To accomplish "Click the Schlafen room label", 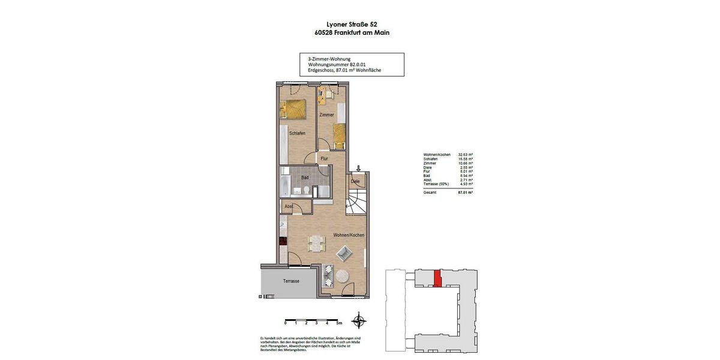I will [297, 133].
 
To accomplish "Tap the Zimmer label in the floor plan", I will [326, 115].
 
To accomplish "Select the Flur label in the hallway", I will [324, 158].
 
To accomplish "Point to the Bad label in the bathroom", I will [305, 178].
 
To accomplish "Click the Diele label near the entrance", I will [355, 181].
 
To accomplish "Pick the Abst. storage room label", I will [289, 206].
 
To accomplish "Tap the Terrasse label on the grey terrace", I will [291, 281].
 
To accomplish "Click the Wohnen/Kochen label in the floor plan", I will [349, 235].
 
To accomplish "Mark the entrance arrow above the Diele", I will [358, 169].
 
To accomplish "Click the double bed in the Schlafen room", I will [294, 110].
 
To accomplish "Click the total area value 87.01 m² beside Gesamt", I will [465, 193].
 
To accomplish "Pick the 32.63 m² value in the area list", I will [466, 154].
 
